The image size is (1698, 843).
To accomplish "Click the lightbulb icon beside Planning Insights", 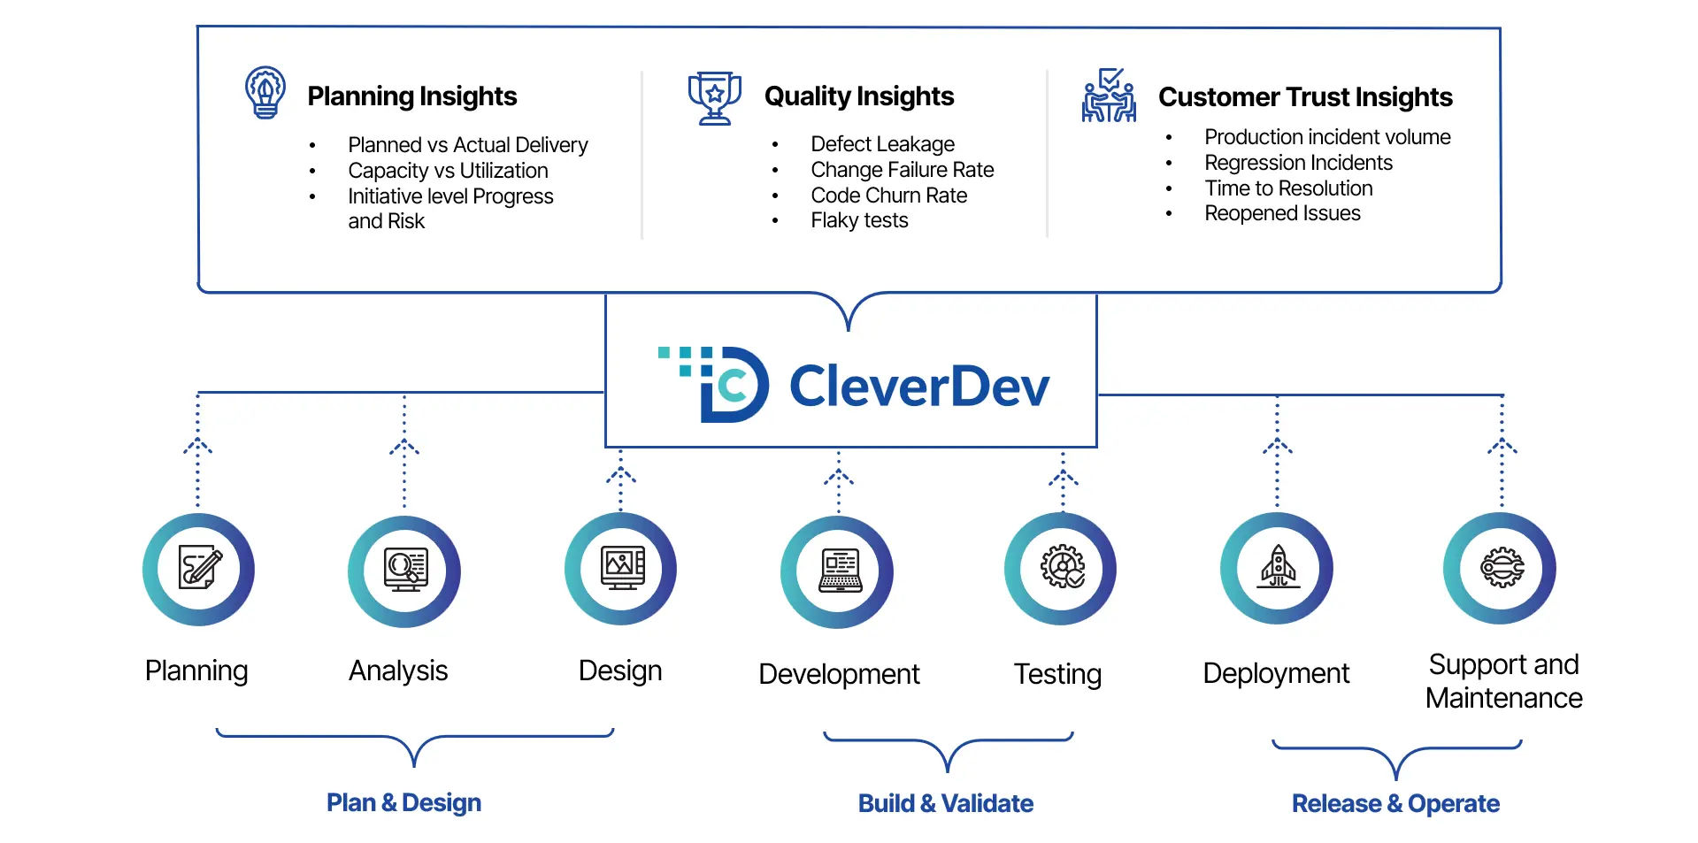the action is point(265,93).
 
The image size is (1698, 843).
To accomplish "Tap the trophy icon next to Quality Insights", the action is point(715,97).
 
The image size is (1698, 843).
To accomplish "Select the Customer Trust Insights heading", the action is point(1305,96).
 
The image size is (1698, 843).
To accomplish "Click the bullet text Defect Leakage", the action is point(882,144).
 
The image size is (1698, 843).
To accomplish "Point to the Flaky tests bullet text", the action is point(859,220).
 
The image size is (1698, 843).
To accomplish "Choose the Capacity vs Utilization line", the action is point(448,171).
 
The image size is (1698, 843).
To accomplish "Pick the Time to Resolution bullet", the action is point(1288,188).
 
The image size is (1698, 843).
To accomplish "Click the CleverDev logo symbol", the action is point(715,384).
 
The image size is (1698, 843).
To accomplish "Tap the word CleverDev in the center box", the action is point(919,387).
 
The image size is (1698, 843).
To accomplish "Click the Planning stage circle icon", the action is point(199,569).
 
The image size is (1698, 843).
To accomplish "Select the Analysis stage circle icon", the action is point(404,571).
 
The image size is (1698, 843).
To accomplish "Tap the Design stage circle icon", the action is point(621,568).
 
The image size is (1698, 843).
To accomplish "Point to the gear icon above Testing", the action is point(1062,567).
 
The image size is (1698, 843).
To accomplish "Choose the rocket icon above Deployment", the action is point(1278,567).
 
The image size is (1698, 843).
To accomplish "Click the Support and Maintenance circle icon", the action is point(1500,568).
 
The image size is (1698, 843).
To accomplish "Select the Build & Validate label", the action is point(946,803).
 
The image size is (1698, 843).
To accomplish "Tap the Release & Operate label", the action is point(1395,803).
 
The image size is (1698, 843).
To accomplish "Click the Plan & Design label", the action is point(403,802).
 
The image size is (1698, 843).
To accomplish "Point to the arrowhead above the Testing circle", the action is point(1064,478).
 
